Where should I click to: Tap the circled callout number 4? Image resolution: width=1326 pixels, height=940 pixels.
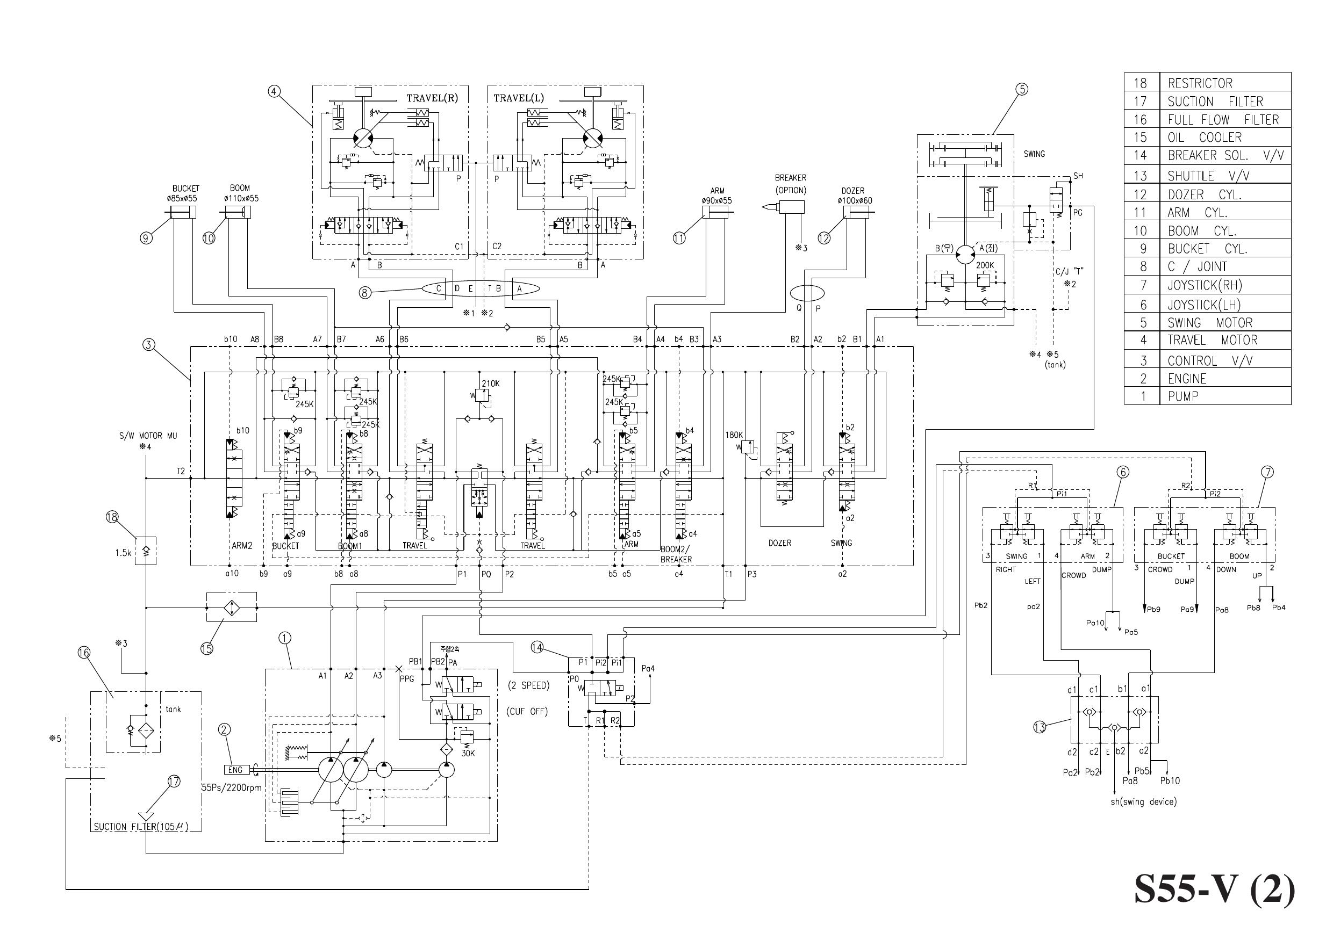[x=275, y=91]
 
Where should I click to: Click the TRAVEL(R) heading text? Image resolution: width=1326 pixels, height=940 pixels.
[x=432, y=98]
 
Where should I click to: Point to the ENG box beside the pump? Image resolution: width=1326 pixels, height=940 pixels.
[x=235, y=770]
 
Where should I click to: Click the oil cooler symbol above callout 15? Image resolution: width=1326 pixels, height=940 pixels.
[x=232, y=607]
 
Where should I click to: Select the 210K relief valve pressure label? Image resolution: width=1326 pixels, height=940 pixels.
[x=490, y=383]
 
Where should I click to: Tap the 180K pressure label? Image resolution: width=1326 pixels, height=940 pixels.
[x=734, y=435]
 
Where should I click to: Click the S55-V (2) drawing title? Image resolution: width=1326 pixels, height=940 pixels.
[x=1214, y=890]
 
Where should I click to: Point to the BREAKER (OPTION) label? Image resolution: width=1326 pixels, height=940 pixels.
[x=791, y=184]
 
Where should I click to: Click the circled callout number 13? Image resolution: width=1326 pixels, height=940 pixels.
[x=1040, y=726]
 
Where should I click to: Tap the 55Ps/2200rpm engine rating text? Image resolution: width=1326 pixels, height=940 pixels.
[x=231, y=788]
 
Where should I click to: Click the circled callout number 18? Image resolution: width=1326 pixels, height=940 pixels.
[x=112, y=517]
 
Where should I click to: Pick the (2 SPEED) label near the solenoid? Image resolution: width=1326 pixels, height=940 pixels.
[x=528, y=685]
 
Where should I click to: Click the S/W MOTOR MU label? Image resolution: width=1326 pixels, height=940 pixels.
[x=148, y=436]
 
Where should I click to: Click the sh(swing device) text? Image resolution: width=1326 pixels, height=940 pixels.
[x=1143, y=801]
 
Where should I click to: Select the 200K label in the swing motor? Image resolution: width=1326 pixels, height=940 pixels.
[x=984, y=265]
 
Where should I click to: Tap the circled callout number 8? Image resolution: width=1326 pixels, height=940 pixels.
[x=365, y=293]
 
